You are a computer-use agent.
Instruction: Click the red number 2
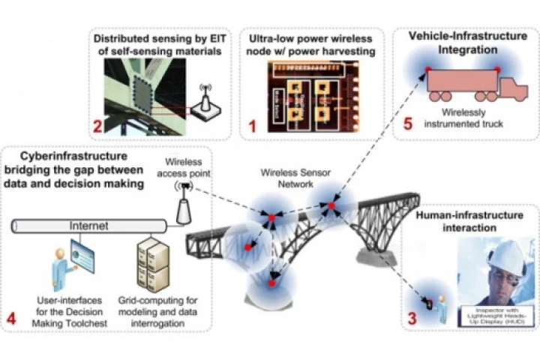[x=97, y=125]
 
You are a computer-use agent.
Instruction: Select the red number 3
[x=412, y=318]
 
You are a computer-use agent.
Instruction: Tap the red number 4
[x=10, y=319]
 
